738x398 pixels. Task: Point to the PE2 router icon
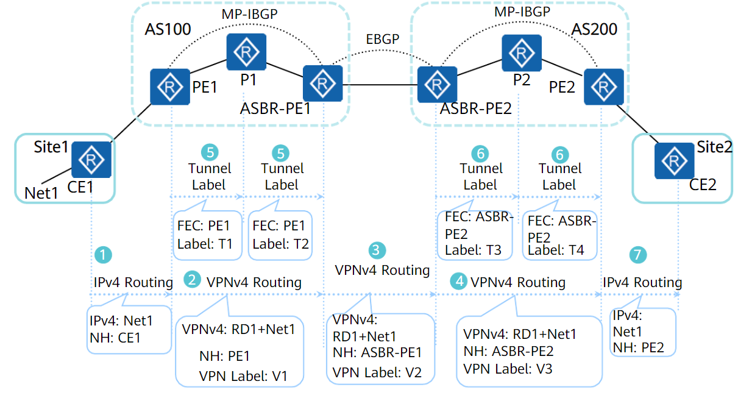[603, 87]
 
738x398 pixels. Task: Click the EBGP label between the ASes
[383, 39]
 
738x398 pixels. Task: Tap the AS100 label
[168, 29]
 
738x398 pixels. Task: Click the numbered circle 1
[105, 255]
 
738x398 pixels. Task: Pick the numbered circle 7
[638, 255]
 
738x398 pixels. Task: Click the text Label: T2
[281, 244]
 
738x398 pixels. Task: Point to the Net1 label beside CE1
[41, 193]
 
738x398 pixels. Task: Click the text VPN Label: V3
[508, 368]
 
